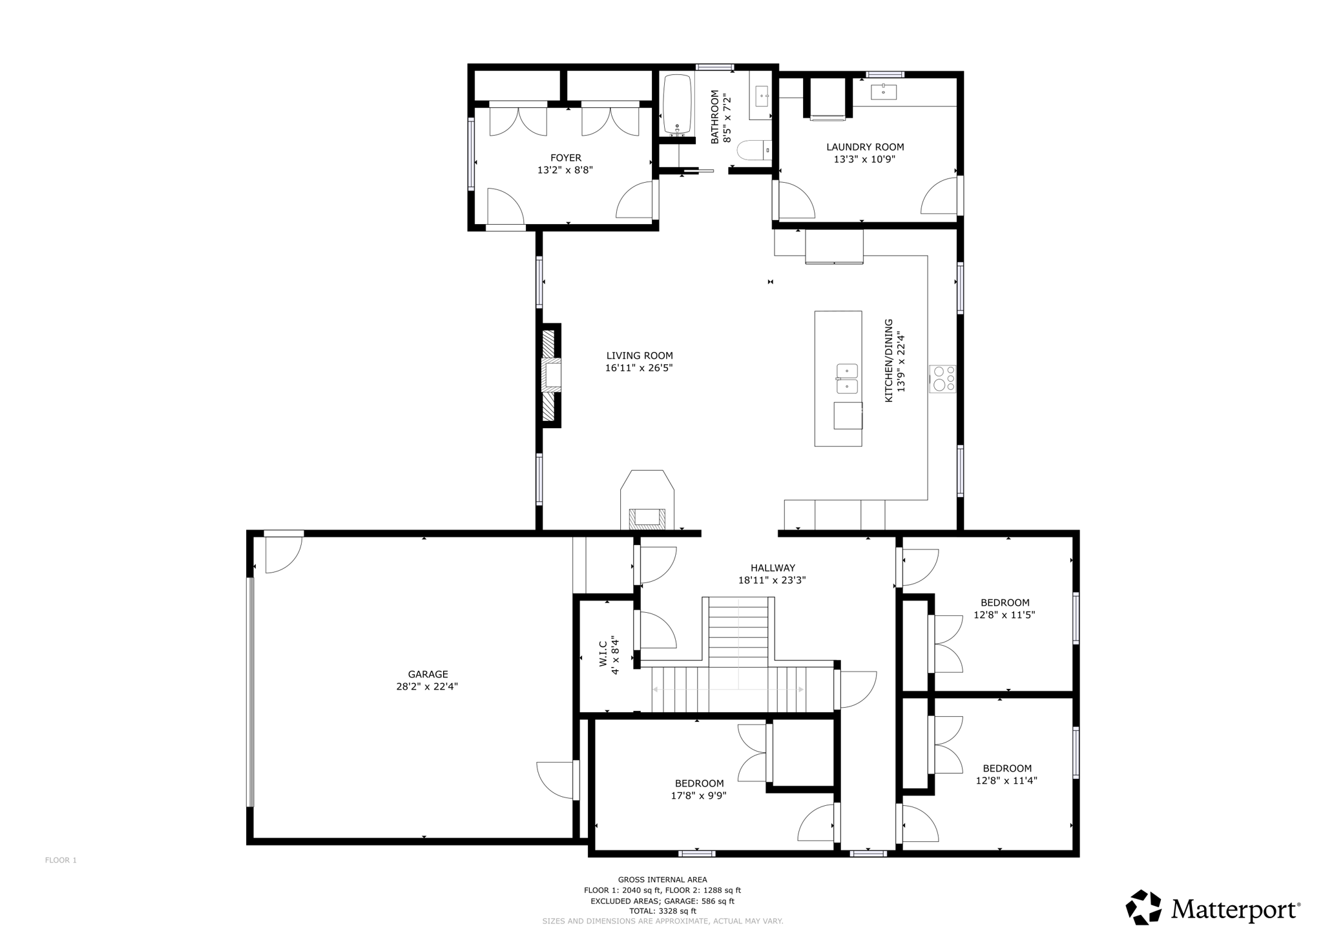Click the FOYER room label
pos(565,158)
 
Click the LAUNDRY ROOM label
pos(865,147)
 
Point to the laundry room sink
pos(883,92)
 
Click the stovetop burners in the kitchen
pos(943,378)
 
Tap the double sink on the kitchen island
pos(847,378)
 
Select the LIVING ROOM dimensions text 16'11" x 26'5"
pos(639,368)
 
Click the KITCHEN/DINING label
pos(889,360)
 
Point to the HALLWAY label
pos(773,568)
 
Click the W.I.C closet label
pos(602,653)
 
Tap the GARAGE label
pos(428,674)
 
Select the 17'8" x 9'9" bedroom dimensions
pos(698,796)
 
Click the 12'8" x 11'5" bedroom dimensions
pos(1004,615)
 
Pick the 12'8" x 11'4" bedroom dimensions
pos(1006,781)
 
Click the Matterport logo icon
pos(1144,907)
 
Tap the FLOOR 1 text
pos(61,860)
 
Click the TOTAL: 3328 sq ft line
pos(662,911)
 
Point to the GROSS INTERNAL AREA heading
pos(662,879)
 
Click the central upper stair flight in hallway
pos(738,632)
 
